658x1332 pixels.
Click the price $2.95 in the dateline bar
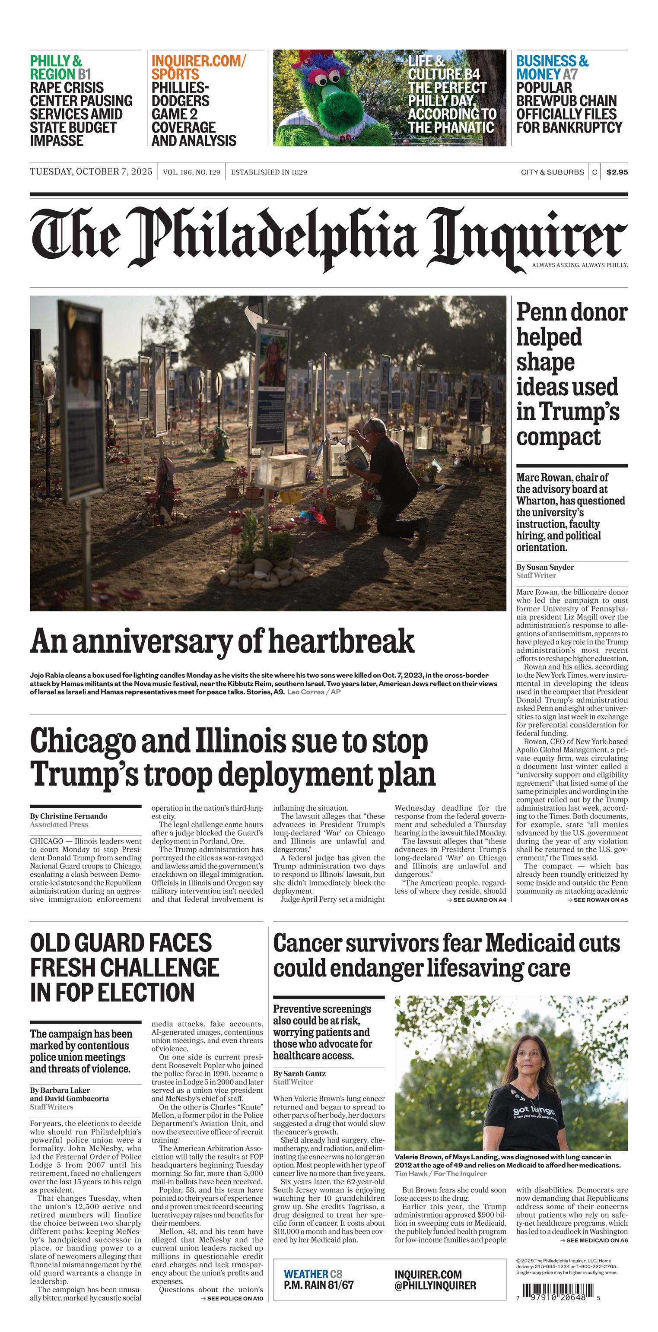click(x=617, y=172)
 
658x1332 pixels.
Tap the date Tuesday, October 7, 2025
click(x=91, y=171)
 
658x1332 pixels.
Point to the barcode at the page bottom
click(x=558, y=1292)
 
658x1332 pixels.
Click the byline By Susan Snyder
click(x=545, y=567)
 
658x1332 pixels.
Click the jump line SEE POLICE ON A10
click(x=235, y=1298)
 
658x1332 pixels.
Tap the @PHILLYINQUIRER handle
click(x=435, y=1286)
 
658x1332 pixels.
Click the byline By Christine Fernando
click(x=69, y=816)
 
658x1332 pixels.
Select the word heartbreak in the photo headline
click(x=341, y=642)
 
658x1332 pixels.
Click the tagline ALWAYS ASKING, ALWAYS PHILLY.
click(x=580, y=265)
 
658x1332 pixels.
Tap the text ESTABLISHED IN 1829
click(x=268, y=172)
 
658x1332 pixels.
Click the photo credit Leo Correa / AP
click(x=314, y=692)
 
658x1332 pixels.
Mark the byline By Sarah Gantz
click(x=299, y=1073)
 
